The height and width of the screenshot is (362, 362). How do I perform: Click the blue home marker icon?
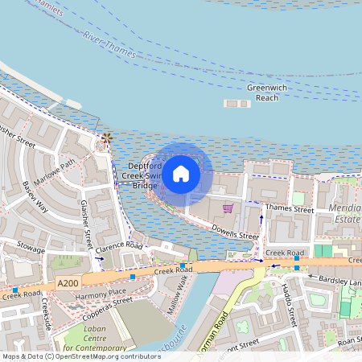point(181,173)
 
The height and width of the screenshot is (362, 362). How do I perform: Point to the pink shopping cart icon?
point(228,208)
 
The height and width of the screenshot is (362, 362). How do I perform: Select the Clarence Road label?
point(119,250)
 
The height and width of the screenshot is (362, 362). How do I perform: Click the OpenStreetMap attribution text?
point(81,356)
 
